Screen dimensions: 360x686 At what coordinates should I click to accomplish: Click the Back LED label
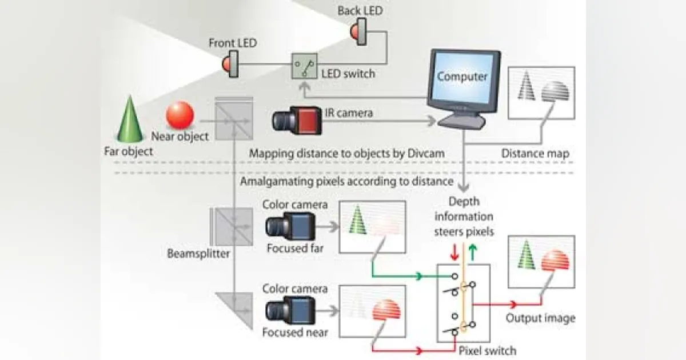point(360,10)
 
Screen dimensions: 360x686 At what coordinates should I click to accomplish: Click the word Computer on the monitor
point(462,76)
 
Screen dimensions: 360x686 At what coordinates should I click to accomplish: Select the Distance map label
point(535,153)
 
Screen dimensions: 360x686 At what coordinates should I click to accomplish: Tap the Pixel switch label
point(488,350)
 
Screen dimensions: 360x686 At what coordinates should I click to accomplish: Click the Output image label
point(540,318)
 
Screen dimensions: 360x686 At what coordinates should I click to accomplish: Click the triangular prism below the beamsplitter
point(237,309)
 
